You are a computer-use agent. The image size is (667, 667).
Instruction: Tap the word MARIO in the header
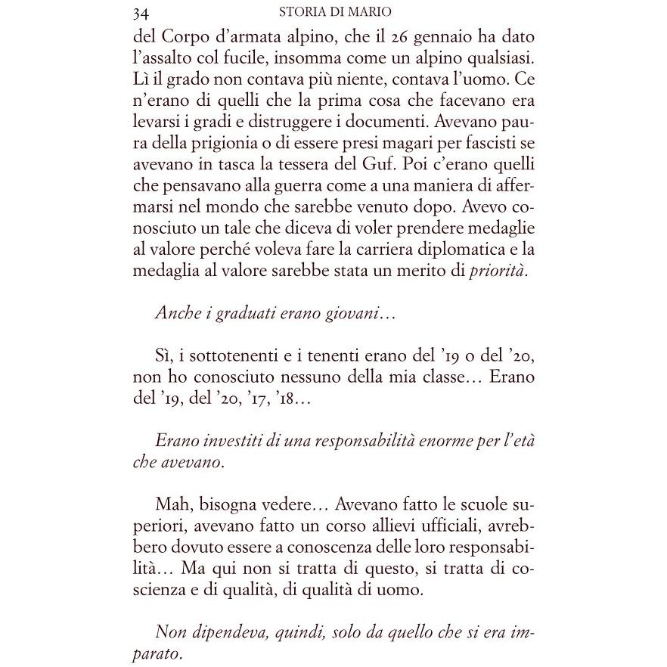tap(377, 12)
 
